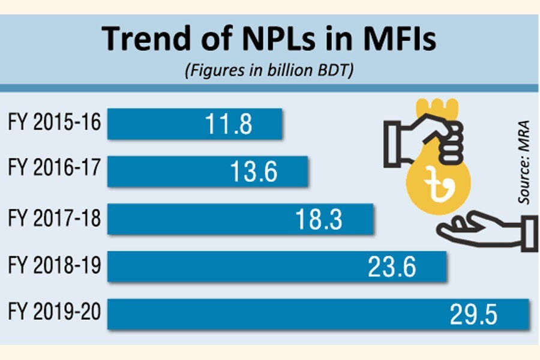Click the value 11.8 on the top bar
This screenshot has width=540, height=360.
[x=228, y=125]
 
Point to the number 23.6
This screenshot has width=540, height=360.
[x=392, y=266]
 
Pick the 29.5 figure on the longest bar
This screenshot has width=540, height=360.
[x=473, y=314]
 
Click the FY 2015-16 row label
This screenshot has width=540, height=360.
[x=55, y=124]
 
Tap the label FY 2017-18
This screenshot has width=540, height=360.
[x=55, y=219]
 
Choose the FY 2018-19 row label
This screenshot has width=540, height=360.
[x=55, y=266]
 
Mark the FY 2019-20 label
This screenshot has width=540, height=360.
[x=55, y=313]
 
